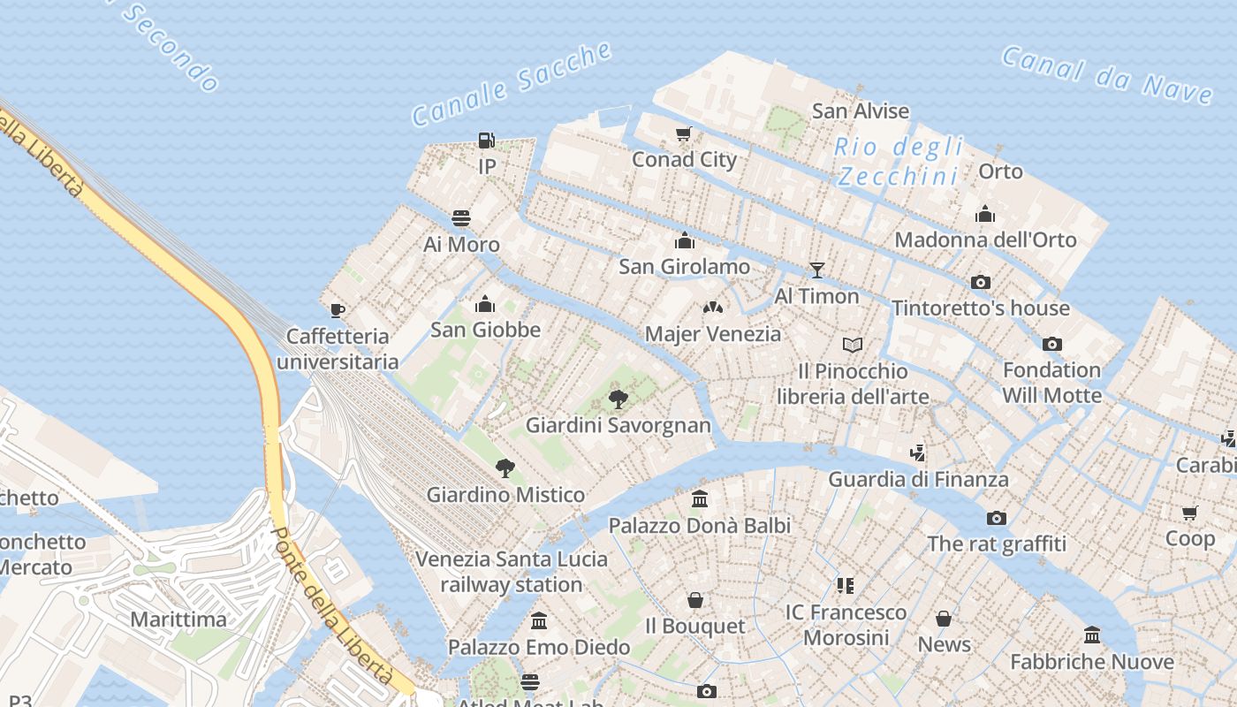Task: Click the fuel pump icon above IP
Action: (486, 140)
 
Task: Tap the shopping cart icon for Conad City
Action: (683, 134)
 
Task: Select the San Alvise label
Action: (860, 111)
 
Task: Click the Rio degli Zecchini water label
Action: (899, 162)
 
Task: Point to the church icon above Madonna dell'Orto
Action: (985, 214)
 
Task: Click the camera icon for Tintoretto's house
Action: (980, 283)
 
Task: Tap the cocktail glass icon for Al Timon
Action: (816, 270)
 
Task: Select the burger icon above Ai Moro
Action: (461, 218)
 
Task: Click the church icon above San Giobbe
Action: (484, 305)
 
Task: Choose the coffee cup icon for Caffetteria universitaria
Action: (337, 310)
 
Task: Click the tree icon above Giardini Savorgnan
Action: (618, 399)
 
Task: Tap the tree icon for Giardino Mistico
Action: (505, 468)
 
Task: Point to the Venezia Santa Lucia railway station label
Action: (512, 572)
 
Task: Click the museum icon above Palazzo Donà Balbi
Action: (700, 499)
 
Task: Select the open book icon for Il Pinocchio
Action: (852, 345)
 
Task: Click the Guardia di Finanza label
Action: (918, 480)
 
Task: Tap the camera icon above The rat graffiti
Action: (997, 518)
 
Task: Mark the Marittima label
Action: (178, 620)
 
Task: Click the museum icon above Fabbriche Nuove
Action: (1092, 635)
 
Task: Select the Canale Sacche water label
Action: (512, 84)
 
